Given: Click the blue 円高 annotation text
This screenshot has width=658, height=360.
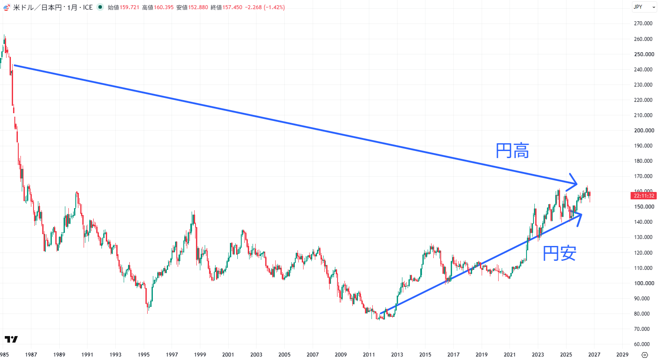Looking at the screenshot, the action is click(x=512, y=151).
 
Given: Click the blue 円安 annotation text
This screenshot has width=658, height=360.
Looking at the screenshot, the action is click(x=559, y=253).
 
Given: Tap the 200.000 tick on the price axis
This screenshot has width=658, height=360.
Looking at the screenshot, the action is click(x=644, y=131).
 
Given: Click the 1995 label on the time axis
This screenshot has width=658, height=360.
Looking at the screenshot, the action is click(x=144, y=355).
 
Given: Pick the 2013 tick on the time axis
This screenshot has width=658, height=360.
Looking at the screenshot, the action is click(x=397, y=355).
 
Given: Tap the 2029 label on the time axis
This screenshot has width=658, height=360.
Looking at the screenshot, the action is click(x=622, y=355).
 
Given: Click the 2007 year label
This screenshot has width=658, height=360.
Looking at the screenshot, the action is click(x=313, y=355).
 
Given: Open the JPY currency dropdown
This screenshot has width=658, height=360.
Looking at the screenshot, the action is click(x=644, y=7).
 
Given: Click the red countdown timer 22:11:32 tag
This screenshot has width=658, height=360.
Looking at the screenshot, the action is click(x=643, y=196).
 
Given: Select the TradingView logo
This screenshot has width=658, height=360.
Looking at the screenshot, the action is click(x=11, y=340).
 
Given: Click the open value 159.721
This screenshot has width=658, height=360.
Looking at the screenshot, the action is click(x=129, y=7).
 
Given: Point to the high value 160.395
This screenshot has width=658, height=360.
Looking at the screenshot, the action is click(x=164, y=7).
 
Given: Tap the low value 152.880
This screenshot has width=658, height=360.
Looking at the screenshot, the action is click(x=198, y=7).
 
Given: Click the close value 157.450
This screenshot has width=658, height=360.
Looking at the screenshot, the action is click(x=232, y=7).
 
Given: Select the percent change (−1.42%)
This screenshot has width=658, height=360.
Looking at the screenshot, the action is click(x=274, y=7).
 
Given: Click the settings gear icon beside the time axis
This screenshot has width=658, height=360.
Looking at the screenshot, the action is click(x=645, y=355).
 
